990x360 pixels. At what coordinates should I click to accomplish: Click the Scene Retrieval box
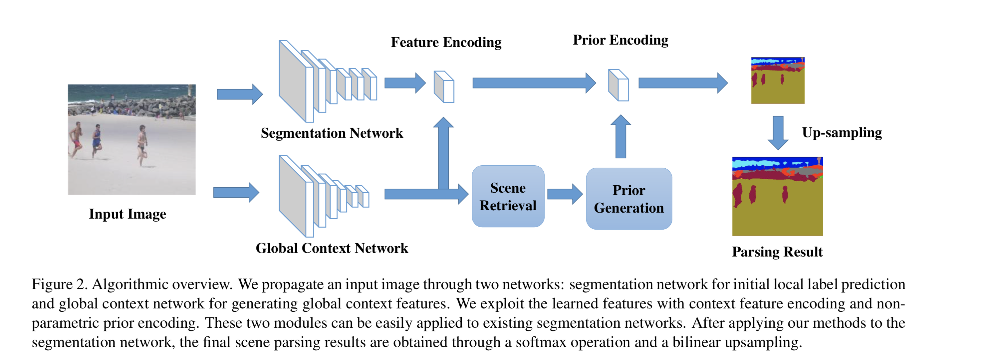[508, 196]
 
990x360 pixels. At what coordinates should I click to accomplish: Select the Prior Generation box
[629, 199]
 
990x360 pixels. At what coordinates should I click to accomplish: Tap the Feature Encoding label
[446, 42]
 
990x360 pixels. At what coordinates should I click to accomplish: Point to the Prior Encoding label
[620, 40]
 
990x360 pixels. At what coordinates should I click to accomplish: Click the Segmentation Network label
[332, 133]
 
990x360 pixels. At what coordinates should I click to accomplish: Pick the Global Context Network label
[332, 248]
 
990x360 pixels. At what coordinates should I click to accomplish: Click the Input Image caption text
[127, 214]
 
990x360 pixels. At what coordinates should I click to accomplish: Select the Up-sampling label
[842, 132]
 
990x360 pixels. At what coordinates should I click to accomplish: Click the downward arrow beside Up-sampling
[778, 132]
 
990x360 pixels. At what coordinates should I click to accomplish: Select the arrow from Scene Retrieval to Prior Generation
[565, 194]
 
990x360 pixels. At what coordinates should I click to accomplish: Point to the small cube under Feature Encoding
[444, 87]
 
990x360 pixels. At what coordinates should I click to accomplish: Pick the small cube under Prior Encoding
[619, 85]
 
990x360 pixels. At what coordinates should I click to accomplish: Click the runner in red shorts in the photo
[77, 139]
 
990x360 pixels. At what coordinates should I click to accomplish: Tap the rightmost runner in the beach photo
[142, 144]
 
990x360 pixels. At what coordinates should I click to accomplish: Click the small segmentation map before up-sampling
[778, 81]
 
